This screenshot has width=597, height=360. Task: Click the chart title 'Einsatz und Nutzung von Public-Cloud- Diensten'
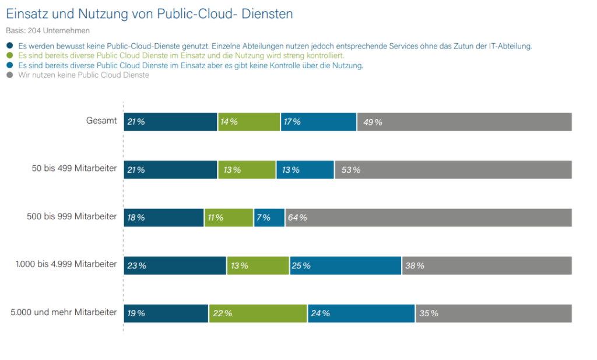(x=149, y=13)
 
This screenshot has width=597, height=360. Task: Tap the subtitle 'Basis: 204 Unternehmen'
(x=48, y=30)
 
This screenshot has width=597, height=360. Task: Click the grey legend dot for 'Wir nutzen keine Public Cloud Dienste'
(x=9, y=75)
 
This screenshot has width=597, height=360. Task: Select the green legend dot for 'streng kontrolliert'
(x=9, y=55)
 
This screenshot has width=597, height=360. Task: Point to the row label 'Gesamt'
(x=101, y=121)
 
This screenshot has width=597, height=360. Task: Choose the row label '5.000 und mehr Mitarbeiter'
(x=64, y=313)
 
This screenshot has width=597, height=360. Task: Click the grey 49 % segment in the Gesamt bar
(x=464, y=122)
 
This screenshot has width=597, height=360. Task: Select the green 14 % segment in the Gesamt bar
(x=249, y=122)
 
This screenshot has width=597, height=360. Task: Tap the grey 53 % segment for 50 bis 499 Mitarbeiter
(x=453, y=170)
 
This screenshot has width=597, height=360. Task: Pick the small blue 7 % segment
(x=269, y=218)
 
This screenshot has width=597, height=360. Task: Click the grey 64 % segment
(x=429, y=218)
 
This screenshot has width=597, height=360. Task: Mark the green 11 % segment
(x=229, y=218)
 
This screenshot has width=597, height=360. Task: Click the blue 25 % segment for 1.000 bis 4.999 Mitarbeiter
(x=345, y=265)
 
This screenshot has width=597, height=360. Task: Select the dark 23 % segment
(x=175, y=265)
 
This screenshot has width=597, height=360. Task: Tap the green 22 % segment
(x=258, y=313)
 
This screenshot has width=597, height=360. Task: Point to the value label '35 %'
(x=429, y=313)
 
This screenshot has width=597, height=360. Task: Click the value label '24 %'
(x=321, y=313)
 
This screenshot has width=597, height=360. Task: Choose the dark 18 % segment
(x=164, y=218)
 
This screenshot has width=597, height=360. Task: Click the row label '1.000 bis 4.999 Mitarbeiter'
(x=66, y=264)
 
